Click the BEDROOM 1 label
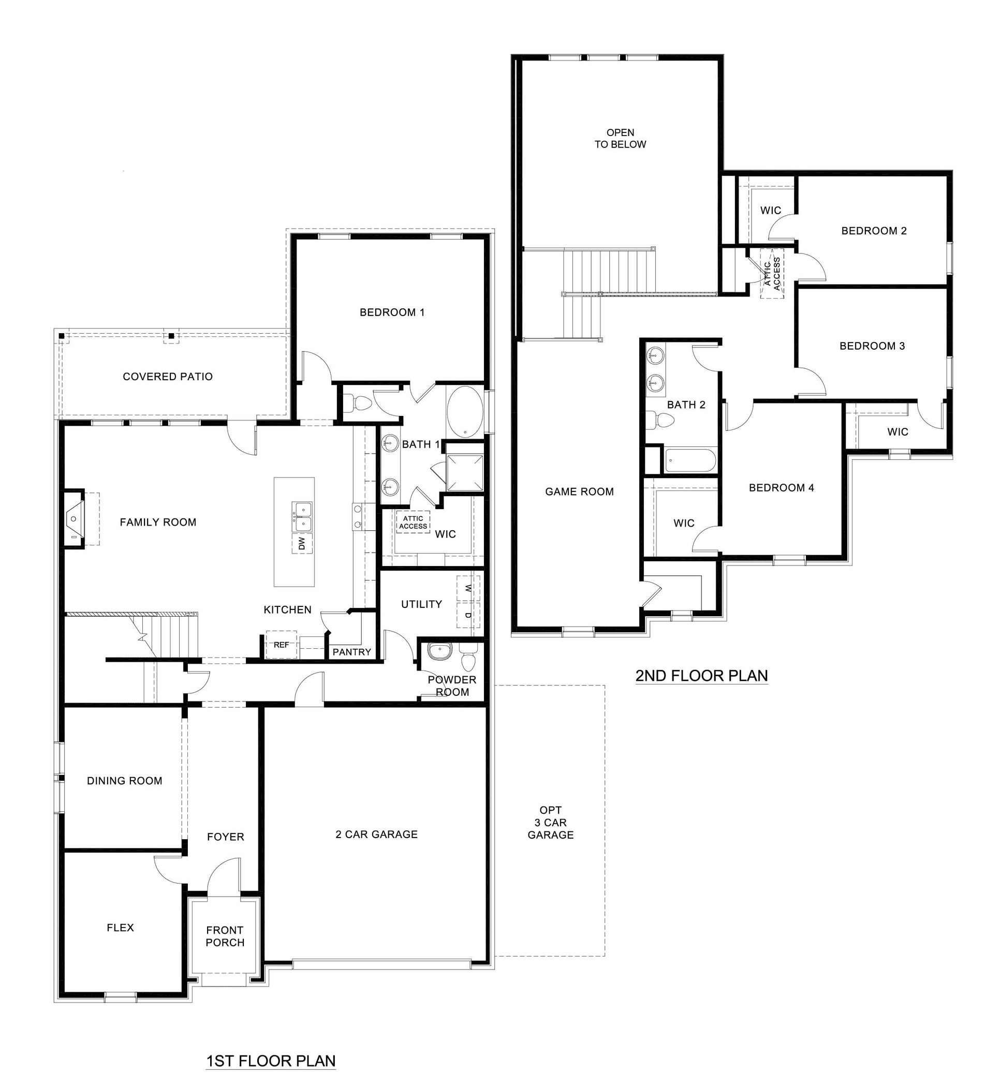pyautogui.click(x=392, y=312)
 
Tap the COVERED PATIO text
pyautogui.click(x=168, y=377)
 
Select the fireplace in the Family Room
pyautogui.click(x=74, y=518)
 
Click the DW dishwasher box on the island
pyautogui.click(x=302, y=544)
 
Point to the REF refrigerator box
pyautogui.click(x=281, y=645)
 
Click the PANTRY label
pyautogui.click(x=352, y=652)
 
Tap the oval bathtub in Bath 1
pyautogui.click(x=465, y=412)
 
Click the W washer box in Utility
pyautogui.click(x=468, y=589)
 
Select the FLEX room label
pyautogui.click(x=120, y=928)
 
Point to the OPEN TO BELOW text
pyautogui.click(x=620, y=138)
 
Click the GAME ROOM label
pyautogui.click(x=579, y=491)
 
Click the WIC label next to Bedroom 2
pyautogui.click(x=770, y=210)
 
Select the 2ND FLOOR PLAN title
pyautogui.click(x=701, y=676)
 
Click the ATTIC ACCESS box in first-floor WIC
pyautogui.click(x=413, y=523)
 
